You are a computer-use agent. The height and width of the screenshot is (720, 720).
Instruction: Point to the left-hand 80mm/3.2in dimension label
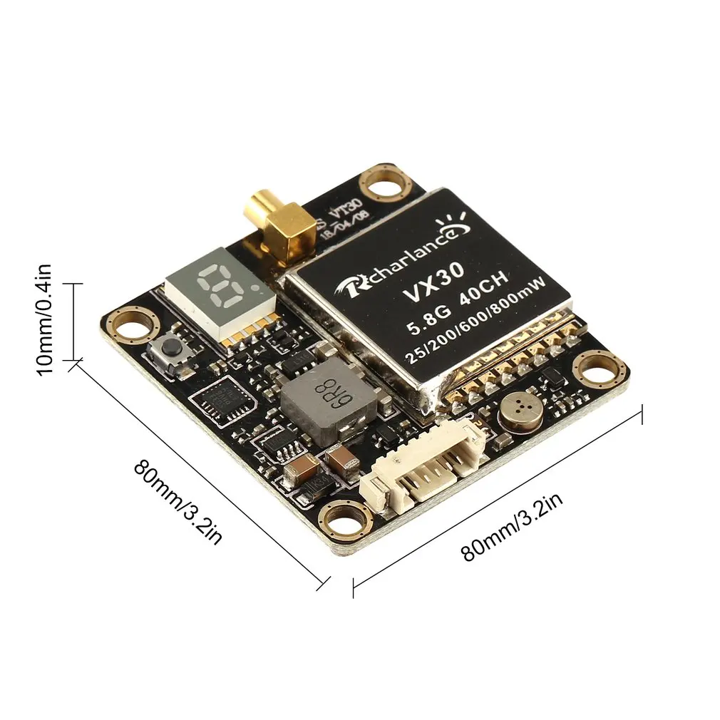[x=178, y=500]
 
